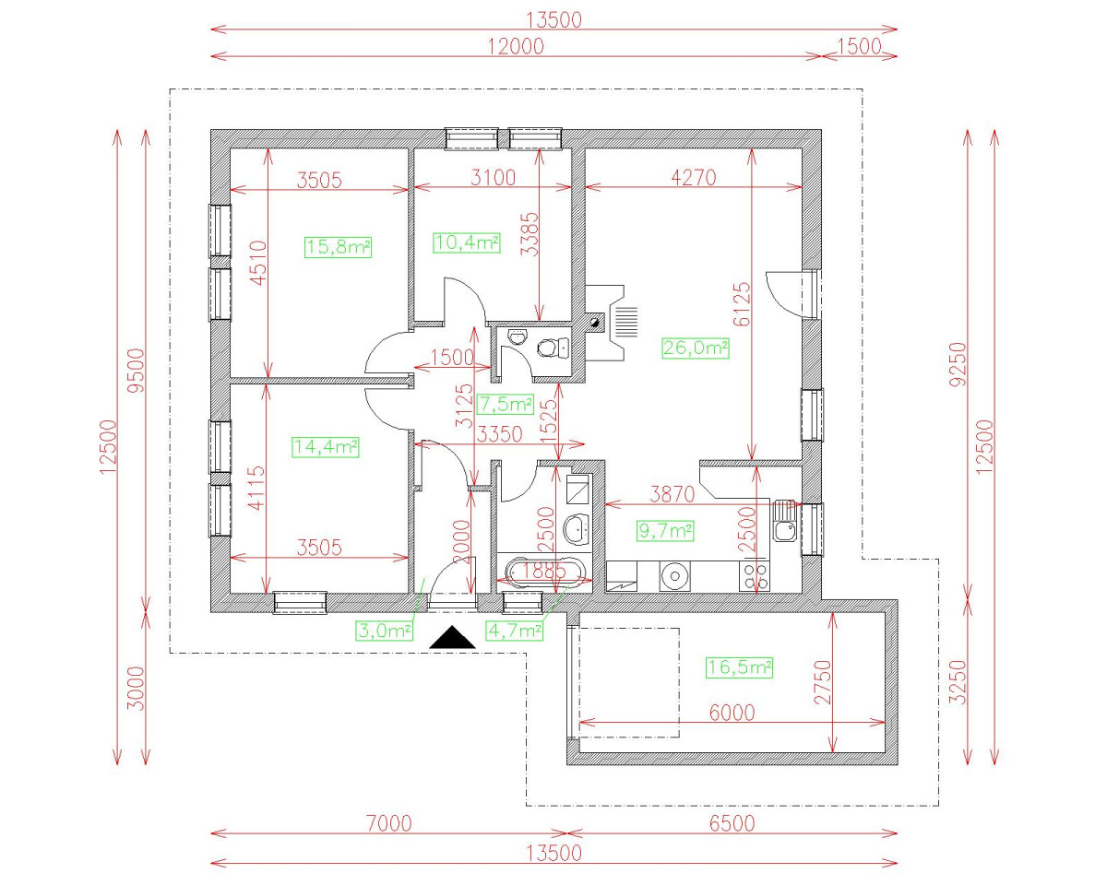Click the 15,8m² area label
[338, 246]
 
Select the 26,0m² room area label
[696, 348]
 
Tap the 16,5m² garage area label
[739, 667]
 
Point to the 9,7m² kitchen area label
[666, 530]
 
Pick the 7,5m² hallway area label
[506, 404]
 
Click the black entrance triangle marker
[453, 637]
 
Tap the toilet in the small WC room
[552, 348]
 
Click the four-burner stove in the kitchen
[756, 576]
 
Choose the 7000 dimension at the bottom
[383, 823]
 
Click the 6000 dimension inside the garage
[732, 713]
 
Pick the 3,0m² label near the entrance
[385, 631]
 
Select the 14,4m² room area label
[325, 447]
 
